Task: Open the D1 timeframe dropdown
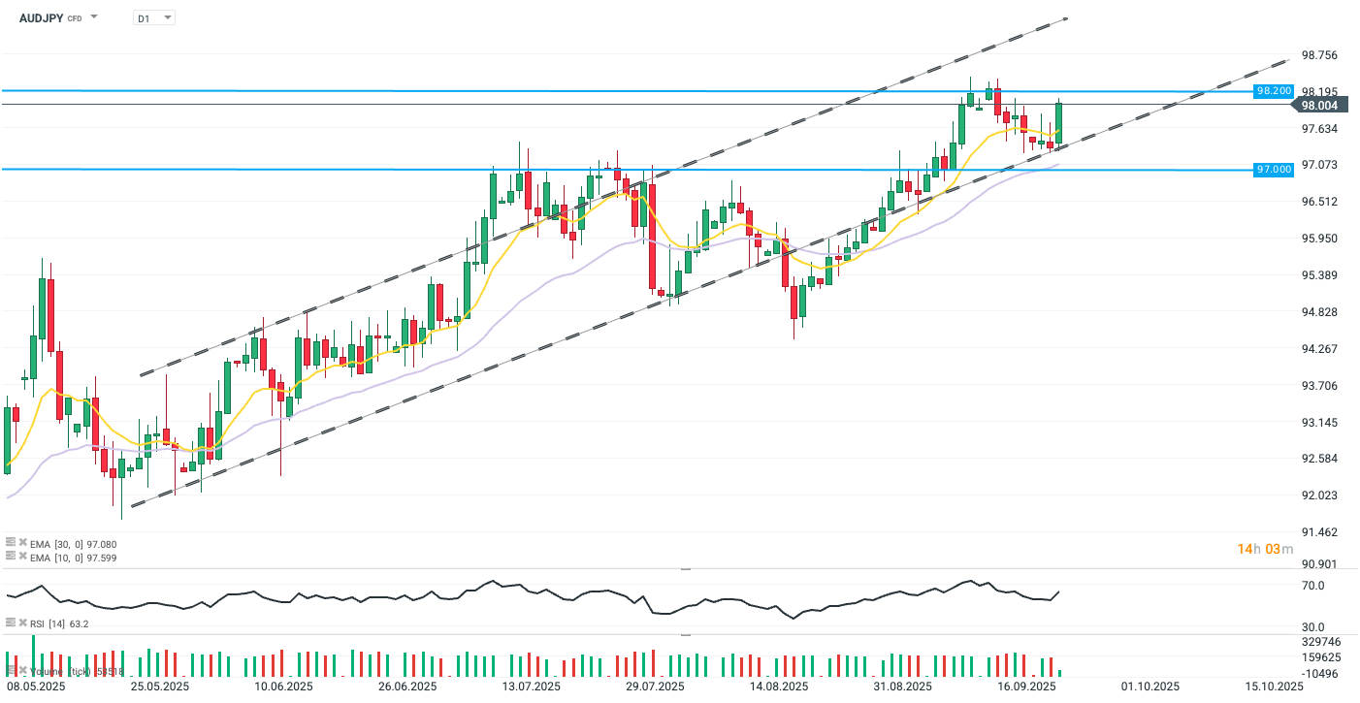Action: click(154, 17)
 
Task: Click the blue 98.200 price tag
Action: click(1274, 90)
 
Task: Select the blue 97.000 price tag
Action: click(1274, 170)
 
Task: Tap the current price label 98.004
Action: click(1319, 105)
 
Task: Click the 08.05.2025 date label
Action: click(37, 687)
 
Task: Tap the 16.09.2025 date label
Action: click(1026, 687)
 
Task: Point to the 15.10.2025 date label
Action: click(1275, 687)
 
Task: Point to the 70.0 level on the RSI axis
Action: click(1312, 586)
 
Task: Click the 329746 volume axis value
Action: click(1320, 642)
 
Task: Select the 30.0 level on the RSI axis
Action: click(1312, 627)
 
